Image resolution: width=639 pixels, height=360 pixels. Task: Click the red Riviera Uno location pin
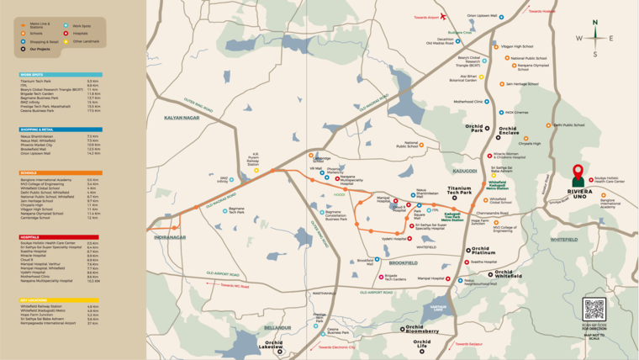point(578,175)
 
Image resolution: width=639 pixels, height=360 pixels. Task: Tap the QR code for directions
point(594,309)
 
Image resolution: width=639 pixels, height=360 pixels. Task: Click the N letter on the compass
point(595,24)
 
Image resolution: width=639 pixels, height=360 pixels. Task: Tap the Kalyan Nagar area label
point(182,118)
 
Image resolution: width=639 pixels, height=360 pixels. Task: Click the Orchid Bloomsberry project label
point(421,330)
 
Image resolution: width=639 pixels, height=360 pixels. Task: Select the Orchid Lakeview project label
point(274,344)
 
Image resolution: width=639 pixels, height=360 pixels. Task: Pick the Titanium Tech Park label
point(460,192)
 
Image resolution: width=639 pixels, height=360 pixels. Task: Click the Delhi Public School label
point(569,124)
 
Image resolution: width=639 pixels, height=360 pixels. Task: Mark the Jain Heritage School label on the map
point(521,84)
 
